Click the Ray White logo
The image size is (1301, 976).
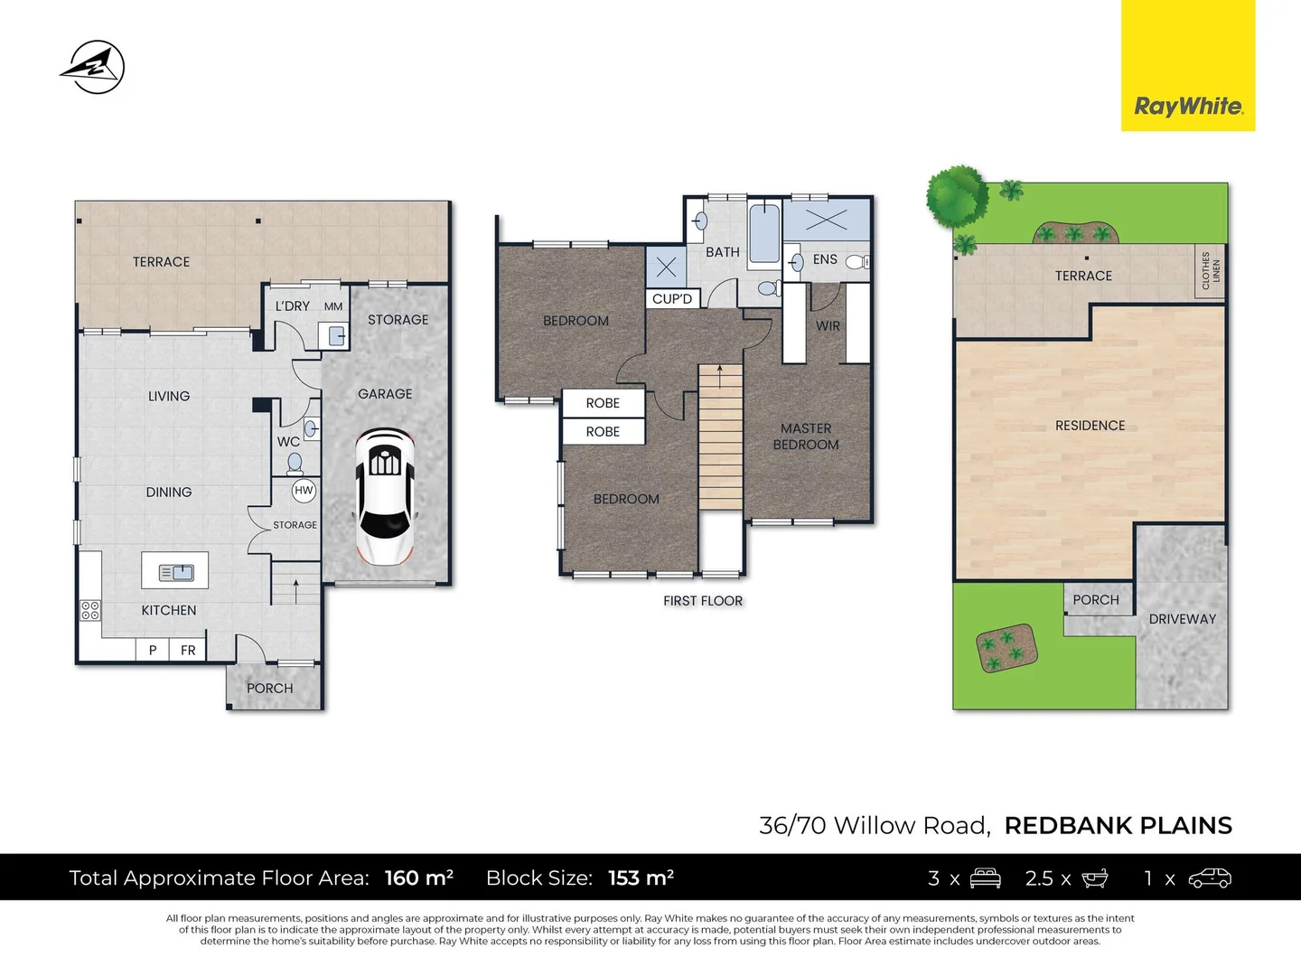[1188, 106]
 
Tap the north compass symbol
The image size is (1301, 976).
[93, 67]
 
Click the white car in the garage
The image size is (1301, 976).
[384, 496]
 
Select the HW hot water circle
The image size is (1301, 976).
[304, 491]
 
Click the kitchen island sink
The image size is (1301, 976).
[176, 572]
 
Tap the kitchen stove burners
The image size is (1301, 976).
[90, 610]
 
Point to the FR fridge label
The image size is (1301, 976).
[188, 650]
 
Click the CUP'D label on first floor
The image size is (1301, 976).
[672, 299]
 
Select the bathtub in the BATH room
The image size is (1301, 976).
[764, 233]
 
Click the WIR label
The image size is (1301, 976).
[828, 326]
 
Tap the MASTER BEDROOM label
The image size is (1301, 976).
[806, 436]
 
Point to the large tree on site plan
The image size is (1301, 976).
[957, 196]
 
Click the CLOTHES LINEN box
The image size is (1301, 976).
[1210, 270]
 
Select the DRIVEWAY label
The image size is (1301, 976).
[1182, 619]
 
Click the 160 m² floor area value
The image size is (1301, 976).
[418, 877]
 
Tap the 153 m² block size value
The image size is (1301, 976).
[641, 877]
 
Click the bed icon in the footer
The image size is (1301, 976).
[985, 877]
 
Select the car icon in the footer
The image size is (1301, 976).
[1210, 877]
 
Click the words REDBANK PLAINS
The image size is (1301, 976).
[1118, 825]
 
